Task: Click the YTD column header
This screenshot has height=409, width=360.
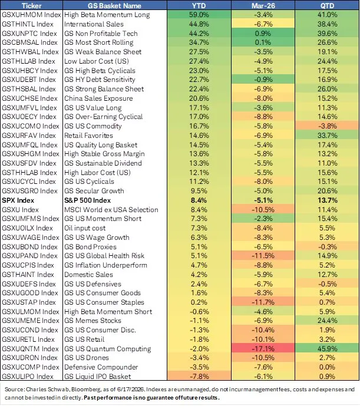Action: [x=199, y=5]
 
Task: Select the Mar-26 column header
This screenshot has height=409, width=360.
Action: [x=263, y=5]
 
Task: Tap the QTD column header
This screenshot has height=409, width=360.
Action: [x=327, y=5]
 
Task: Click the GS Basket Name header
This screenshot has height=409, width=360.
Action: [x=114, y=5]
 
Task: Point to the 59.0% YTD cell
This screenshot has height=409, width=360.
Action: [x=199, y=15]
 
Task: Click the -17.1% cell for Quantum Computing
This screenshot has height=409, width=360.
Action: [x=263, y=349]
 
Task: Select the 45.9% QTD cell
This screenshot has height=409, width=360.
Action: [x=328, y=349]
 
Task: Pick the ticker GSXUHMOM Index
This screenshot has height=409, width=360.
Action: [x=31, y=15]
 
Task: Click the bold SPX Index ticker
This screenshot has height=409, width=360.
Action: [x=18, y=200]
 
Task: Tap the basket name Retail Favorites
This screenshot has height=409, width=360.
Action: [x=89, y=136]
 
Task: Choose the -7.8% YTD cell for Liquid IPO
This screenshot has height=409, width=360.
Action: [x=199, y=377]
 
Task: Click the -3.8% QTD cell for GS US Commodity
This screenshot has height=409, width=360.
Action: [x=328, y=126]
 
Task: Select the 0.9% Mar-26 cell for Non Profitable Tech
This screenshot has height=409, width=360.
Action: [x=263, y=34]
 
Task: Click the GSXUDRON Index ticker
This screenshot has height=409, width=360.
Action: [x=29, y=358]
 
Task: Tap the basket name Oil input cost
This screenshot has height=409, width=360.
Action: [x=85, y=228]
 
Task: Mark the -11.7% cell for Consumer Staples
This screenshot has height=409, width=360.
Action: [x=263, y=302]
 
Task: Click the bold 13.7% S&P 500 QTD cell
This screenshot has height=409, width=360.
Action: [x=328, y=200]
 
